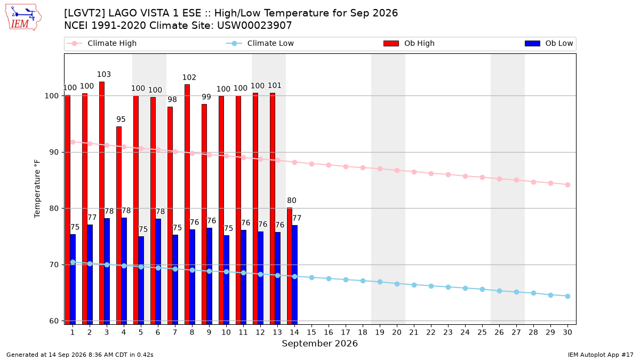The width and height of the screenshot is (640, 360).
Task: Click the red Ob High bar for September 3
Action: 102,203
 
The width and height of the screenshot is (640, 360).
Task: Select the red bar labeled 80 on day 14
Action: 290,266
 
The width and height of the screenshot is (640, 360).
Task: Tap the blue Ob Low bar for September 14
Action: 294,275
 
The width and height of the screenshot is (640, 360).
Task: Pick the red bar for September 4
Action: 119,226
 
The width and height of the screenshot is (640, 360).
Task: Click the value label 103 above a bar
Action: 103,75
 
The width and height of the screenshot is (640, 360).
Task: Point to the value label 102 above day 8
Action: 189,77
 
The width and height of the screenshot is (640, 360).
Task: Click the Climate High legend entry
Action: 102,43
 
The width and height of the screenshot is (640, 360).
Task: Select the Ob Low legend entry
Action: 549,43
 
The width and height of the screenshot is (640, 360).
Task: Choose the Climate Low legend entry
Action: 260,43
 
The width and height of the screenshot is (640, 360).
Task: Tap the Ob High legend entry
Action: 409,43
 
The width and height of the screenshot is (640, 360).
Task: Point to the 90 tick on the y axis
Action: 54,153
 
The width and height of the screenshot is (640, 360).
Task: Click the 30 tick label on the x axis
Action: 567,332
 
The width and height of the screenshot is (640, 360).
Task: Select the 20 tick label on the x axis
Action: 397,332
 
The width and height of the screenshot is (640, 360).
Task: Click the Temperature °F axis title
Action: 37,189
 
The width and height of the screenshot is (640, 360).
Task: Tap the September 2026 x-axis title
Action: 319,343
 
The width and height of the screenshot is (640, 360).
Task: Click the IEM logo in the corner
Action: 23,18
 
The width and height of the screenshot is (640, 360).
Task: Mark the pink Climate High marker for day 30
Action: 567,185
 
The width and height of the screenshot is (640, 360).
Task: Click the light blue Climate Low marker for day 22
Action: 431,286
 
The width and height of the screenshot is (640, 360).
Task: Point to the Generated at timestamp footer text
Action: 79,355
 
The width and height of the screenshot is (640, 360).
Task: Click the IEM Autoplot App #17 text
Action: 601,355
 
